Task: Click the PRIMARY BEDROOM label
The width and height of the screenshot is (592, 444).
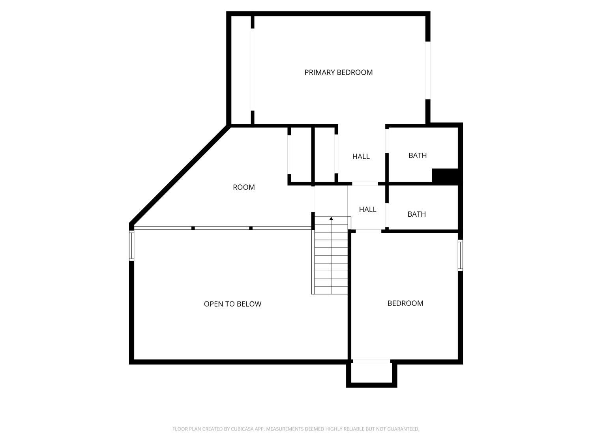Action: coord(339,72)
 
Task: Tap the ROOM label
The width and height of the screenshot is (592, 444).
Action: coord(244,187)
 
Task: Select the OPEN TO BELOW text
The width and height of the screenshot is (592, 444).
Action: coord(232,304)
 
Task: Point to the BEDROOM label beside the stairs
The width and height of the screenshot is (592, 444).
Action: coord(405,303)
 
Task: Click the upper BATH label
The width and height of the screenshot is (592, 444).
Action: coord(418,155)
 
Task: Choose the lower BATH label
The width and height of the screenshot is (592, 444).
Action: coord(417,214)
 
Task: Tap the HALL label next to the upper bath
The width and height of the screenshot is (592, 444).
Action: coord(361,156)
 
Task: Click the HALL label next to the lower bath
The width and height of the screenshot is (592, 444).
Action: coord(367,210)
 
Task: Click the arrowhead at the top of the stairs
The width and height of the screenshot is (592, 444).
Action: coord(331,218)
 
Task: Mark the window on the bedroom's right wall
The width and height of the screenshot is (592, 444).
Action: coord(461,255)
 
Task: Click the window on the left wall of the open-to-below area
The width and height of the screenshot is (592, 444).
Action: coord(131,245)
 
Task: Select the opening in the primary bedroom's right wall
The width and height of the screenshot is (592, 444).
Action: coord(428,70)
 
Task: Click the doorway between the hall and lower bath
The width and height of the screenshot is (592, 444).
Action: coord(387,215)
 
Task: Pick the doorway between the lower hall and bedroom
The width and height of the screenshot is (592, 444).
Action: coord(368,231)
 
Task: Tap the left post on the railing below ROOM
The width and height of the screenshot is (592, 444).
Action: coord(193,228)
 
